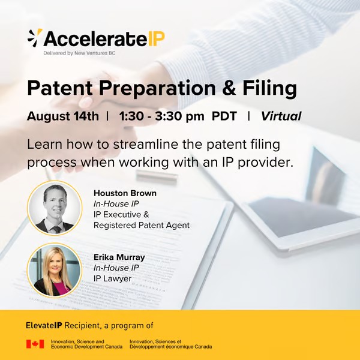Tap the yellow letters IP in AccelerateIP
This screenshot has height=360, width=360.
click(x=156, y=39)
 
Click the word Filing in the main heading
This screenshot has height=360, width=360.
click(x=268, y=89)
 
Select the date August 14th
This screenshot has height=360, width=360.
click(x=62, y=116)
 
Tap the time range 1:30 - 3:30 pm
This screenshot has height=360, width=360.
click(x=162, y=116)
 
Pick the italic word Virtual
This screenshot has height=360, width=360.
click(x=281, y=116)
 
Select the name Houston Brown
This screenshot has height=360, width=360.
click(x=124, y=193)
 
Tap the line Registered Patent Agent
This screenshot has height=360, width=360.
click(x=141, y=226)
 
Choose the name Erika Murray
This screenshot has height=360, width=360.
click(x=119, y=257)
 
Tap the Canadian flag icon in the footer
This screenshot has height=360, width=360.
click(x=35, y=344)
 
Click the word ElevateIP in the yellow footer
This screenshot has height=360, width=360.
click(x=46, y=325)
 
